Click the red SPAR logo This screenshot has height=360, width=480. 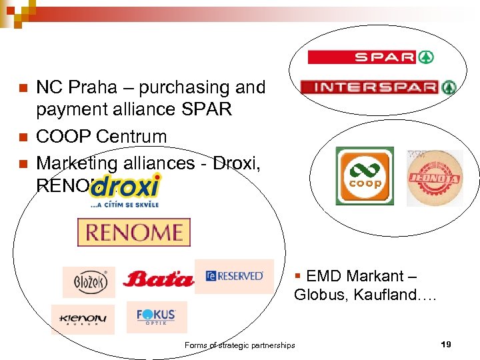371,57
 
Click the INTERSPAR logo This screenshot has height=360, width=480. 378,87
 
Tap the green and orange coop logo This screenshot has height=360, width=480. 365,176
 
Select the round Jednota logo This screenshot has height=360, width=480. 434,177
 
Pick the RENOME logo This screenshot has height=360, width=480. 134,233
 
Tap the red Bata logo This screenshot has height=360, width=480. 158,278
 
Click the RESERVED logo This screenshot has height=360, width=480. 235,276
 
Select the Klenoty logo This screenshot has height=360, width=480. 83,319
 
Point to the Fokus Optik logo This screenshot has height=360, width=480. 156,317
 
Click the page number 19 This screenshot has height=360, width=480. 446,344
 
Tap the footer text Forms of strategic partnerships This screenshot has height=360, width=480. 239,345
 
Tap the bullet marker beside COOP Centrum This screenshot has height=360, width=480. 22,137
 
